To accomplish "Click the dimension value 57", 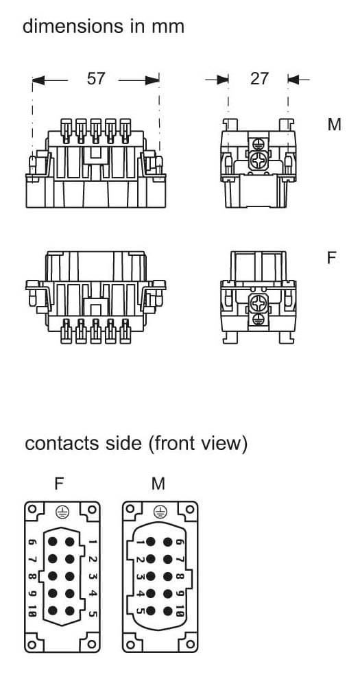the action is [96, 79].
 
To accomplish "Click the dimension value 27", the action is [259, 79].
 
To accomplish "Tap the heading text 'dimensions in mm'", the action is [104, 26].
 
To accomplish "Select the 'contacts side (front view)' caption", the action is [136, 444].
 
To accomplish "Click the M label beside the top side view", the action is [334, 124].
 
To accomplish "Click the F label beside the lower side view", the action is [331, 258].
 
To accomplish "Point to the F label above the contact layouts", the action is [59, 484].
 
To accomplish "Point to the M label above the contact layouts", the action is [158, 484].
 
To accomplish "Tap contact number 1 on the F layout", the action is [93, 542].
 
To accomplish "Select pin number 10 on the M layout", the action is [180, 611].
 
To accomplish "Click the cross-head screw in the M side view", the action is [258, 161].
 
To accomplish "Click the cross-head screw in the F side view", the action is [258, 304].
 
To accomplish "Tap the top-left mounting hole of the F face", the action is [32, 509].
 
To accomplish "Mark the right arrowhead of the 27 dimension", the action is [293, 80].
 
